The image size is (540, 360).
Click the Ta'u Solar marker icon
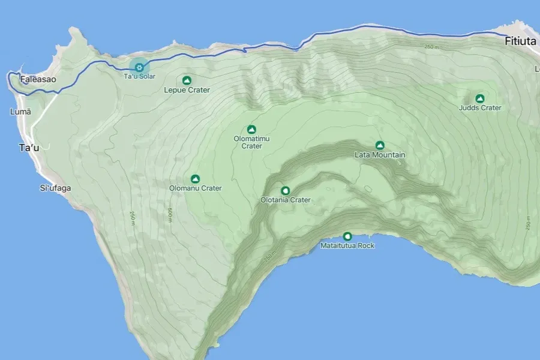pyautogui.click(x=139, y=67)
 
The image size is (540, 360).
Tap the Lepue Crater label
pyautogui.click(x=187, y=90)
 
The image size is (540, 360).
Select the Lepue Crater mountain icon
pyautogui.click(x=187, y=80)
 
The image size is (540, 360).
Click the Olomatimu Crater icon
pyautogui.click(x=251, y=129)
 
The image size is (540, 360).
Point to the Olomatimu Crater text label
pyautogui.click(x=251, y=142)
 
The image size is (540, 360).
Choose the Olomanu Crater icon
pyautogui.click(x=195, y=178)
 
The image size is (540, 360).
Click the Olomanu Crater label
pyautogui.click(x=195, y=188)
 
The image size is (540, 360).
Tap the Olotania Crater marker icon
pyautogui.click(x=285, y=190)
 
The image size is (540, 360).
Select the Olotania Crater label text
pyautogui.click(x=285, y=200)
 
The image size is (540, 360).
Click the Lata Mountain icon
pyautogui.click(x=379, y=145)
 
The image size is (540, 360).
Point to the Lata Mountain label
pyautogui.click(x=380, y=155)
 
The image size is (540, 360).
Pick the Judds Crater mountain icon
pyautogui.click(x=479, y=98)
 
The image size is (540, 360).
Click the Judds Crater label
pyautogui.click(x=479, y=108)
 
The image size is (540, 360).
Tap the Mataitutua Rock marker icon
pyautogui.click(x=347, y=236)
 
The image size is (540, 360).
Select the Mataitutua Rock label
pyautogui.click(x=347, y=246)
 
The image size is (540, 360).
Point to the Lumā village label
pyautogui.click(x=20, y=112)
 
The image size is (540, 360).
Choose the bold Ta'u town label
pyautogui.click(x=29, y=148)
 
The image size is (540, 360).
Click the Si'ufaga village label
pyautogui.click(x=55, y=188)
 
